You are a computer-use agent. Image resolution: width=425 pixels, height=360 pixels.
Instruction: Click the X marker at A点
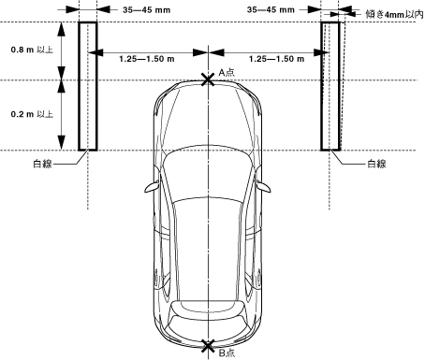click(208, 79)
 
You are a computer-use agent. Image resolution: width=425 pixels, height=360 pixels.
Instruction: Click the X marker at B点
click(208, 346)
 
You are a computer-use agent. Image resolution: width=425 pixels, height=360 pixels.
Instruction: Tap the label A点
click(227, 72)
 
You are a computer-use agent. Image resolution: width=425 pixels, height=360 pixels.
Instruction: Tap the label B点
click(227, 353)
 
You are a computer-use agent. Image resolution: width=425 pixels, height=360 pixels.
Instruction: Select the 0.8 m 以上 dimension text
click(32, 50)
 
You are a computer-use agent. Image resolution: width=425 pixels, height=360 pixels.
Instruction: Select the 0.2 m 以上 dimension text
click(32, 114)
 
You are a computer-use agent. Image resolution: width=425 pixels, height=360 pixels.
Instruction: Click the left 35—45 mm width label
click(146, 10)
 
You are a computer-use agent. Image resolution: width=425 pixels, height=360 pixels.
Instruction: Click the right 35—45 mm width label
click(271, 10)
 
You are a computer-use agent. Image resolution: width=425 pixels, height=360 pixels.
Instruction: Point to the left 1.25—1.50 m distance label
click(147, 59)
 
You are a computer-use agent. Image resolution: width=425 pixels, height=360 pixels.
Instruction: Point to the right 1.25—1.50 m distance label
click(276, 59)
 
